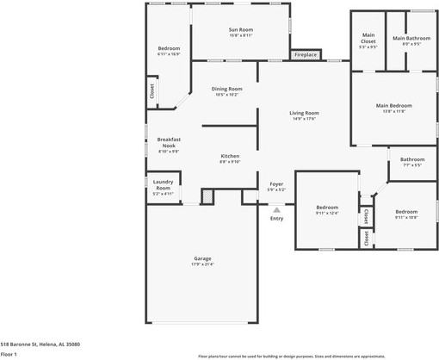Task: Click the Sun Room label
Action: click(240, 31)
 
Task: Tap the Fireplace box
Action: click(306, 55)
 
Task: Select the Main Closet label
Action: click(368, 39)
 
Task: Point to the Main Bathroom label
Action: click(411, 39)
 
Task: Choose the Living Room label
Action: click(304, 115)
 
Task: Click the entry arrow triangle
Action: click(276, 208)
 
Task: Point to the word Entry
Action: click(276, 218)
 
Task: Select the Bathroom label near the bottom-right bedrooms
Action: click(411, 161)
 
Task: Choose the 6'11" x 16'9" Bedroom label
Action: click(169, 50)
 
